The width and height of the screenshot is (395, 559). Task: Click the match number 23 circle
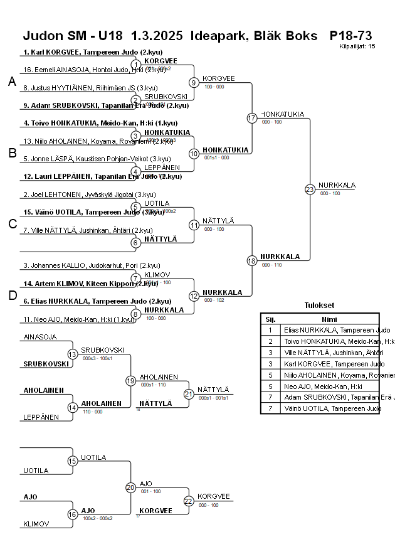[x=310, y=189]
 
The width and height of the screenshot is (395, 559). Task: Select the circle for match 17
[x=252, y=118]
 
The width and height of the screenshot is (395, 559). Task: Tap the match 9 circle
[x=194, y=82]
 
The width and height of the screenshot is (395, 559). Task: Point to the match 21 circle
[x=189, y=394]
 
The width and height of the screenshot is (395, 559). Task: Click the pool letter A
[x=11, y=82]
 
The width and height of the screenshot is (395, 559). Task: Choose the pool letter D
[x=11, y=295]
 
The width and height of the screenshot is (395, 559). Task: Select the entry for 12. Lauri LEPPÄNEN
[x=102, y=176]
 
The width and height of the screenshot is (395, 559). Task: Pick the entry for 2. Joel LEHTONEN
[x=90, y=194]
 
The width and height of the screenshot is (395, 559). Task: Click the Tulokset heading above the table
[x=319, y=306]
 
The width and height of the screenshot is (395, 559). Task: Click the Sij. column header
[x=270, y=319]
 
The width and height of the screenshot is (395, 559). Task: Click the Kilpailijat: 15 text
[x=357, y=46]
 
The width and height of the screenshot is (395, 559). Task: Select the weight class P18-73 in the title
[x=350, y=35]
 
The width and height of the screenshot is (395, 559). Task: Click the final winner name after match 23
[x=337, y=185]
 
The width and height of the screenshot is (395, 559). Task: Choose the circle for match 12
[x=194, y=295]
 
